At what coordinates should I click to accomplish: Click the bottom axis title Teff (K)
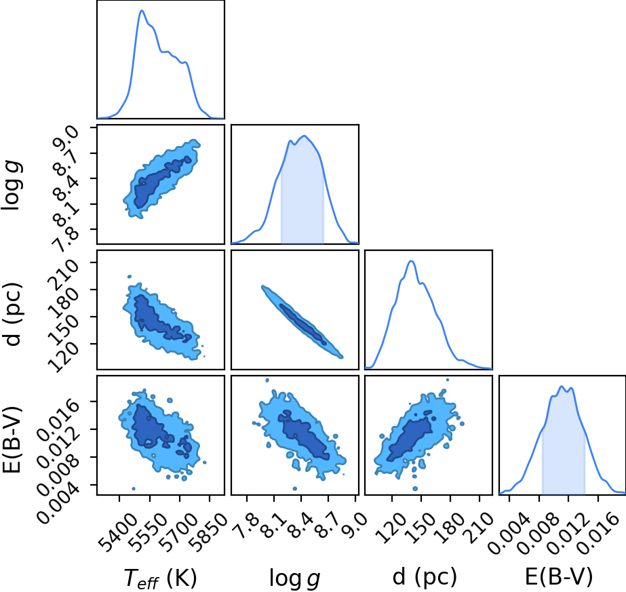click(x=160, y=578)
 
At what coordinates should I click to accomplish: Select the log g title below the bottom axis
click(x=294, y=578)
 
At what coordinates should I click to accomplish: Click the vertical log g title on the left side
click(x=12, y=185)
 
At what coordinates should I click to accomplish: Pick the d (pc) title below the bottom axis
click(x=425, y=577)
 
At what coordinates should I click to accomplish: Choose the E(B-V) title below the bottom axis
click(x=559, y=577)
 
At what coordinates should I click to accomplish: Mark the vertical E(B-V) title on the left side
click(x=12, y=440)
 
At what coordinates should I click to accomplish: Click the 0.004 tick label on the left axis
click(x=58, y=501)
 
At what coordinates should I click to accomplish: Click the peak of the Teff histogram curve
click(x=141, y=11)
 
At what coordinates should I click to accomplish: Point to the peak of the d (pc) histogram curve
click(x=411, y=261)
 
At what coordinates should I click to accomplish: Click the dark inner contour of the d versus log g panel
click(x=302, y=323)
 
